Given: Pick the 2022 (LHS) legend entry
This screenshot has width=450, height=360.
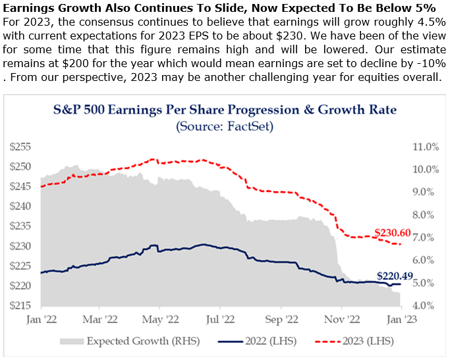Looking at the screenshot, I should click(258, 341).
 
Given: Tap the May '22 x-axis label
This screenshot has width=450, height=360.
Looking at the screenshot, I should click(161, 319).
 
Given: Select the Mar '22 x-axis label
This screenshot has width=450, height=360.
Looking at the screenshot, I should click(101, 319).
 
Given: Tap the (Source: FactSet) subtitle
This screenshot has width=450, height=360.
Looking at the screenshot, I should click(225, 125).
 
